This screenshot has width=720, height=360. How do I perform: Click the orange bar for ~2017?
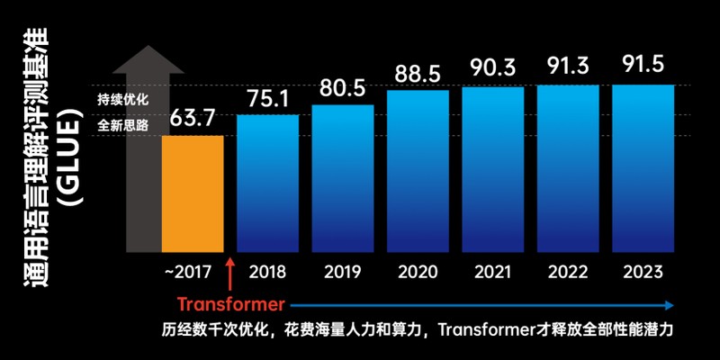tap(193, 193)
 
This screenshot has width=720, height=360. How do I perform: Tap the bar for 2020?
tap(418, 170)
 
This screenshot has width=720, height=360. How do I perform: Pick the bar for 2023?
tap(643, 167)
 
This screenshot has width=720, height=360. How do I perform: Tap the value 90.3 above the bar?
tap(492, 67)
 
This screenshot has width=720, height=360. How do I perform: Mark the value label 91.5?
tap(643, 66)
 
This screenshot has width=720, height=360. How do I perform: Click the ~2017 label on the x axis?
tap(188, 272)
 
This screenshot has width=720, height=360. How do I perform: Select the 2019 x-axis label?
tap(342, 272)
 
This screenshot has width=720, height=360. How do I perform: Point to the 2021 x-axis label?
tap(492, 272)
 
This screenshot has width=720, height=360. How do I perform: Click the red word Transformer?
tap(230, 303)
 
